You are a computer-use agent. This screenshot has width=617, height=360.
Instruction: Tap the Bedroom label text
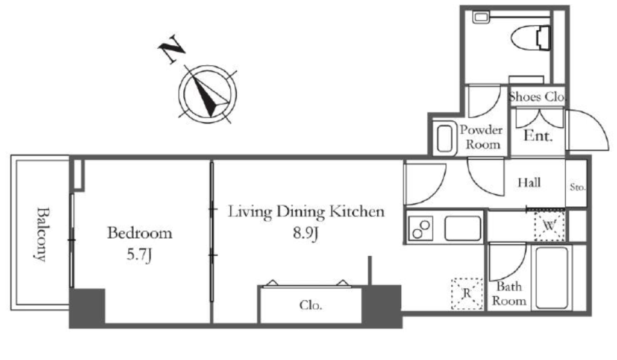click(139, 233)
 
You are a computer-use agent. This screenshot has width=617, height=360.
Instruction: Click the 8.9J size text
click(305, 233)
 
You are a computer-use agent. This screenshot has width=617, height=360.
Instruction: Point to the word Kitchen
click(360, 212)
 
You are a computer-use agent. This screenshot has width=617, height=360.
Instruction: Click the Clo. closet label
click(310, 305)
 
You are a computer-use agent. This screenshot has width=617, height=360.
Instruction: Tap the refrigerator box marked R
click(467, 294)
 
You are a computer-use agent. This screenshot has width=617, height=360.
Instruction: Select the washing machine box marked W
click(549, 226)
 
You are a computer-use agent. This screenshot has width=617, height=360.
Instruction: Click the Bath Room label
click(509, 294)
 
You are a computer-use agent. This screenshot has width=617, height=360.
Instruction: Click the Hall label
click(530, 182)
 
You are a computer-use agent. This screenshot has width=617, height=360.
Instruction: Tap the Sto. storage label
click(577, 187)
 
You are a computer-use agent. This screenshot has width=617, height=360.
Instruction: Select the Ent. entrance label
click(537, 136)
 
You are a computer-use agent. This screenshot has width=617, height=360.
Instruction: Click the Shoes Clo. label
click(537, 96)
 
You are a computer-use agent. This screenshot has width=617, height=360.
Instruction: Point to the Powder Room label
click(481, 137)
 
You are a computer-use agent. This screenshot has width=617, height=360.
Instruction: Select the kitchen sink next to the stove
click(462, 229)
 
